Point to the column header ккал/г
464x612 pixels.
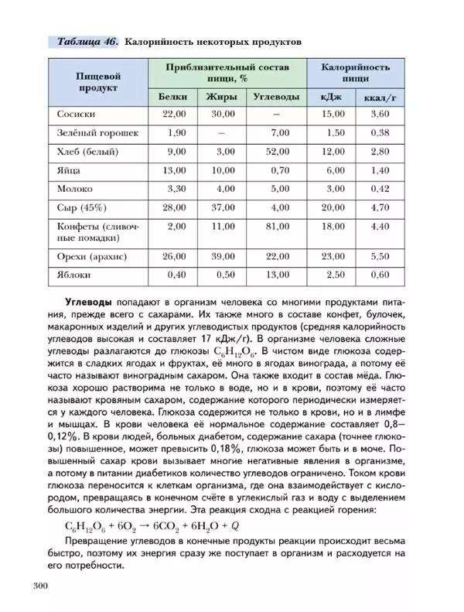(x=380, y=97)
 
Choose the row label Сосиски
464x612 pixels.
(x=77, y=115)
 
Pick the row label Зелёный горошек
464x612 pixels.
(x=91, y=133)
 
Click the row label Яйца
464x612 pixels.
(x=68, y=170)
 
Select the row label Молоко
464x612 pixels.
(x=75, y=189)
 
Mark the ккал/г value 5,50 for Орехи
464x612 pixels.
(x=380, y=256)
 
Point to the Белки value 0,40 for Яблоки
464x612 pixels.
(x=176, y=275)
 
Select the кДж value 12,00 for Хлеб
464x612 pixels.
(x=333, y=152)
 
